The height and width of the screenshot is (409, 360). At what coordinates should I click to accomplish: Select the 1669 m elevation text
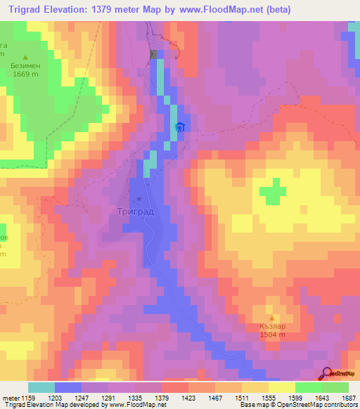(x=25, y=75)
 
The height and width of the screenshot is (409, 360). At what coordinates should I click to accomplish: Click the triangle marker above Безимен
(x=25, y=57)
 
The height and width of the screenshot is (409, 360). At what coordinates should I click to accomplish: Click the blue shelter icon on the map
(x=180, y=126)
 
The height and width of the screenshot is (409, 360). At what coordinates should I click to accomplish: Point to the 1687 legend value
(x=347, y=398)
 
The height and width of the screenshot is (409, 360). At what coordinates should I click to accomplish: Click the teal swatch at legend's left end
(x=41, y=387)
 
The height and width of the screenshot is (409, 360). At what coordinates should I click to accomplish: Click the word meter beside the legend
(x=12, y=398)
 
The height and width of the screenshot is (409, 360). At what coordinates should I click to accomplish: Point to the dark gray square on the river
(x=153, y=55)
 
